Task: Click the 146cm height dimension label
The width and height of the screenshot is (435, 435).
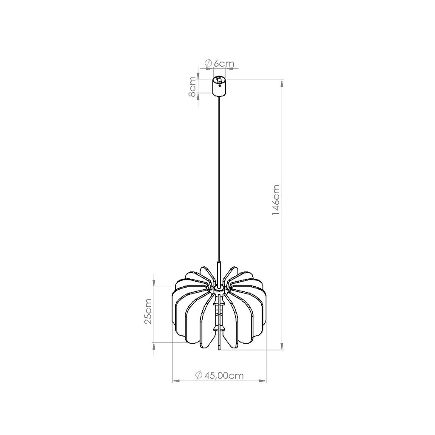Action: tap(276, 201)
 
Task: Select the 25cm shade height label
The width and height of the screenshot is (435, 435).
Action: tap(148, 311)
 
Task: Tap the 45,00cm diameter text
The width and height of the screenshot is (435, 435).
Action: tap(223, 376)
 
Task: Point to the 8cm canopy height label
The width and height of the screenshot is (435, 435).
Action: tap(192, 86)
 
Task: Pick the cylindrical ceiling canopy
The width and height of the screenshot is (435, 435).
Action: tap(219, 87)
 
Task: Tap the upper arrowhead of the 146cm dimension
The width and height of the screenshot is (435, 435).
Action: tap(282, 84)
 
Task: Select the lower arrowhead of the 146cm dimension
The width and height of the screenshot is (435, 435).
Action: tap(282, 346)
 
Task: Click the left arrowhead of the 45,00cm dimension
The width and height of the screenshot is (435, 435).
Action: tap(176, 381)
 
